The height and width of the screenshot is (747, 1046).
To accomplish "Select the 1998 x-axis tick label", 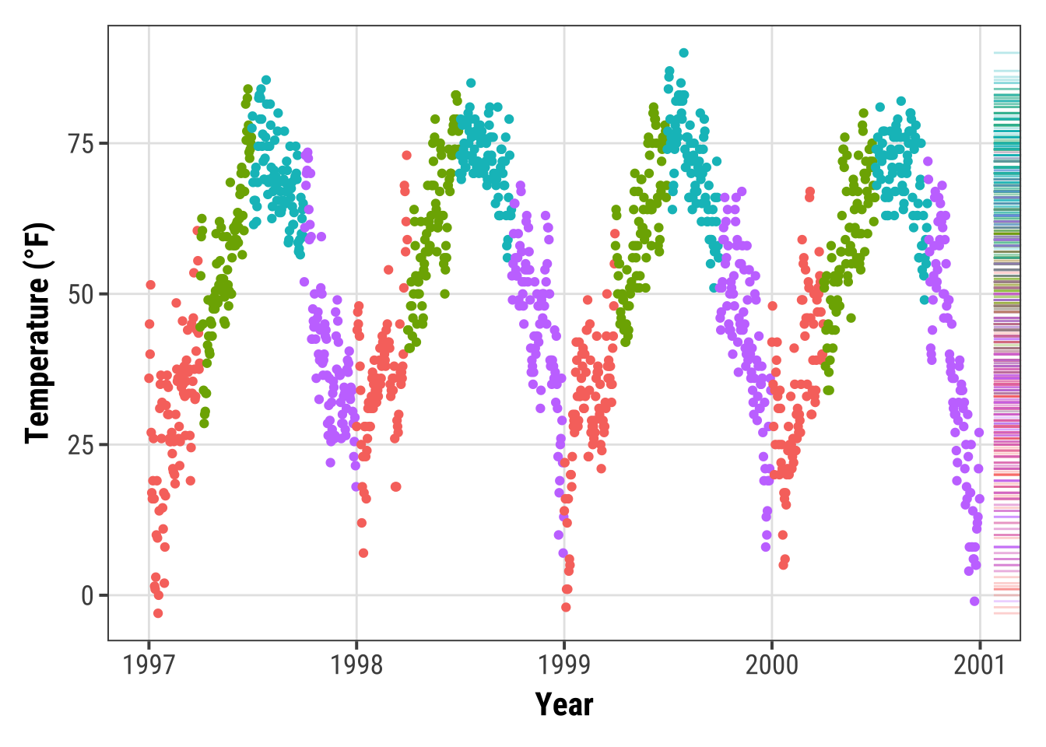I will pyautogui.click(x=356, y=665).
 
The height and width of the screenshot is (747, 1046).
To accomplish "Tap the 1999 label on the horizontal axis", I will pyautogui.click(x=564, y=665).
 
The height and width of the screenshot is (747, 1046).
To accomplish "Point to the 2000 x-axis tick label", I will pyautogui.click(x=772, y=665).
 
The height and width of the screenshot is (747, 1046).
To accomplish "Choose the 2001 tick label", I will pyautogui.click(x=980, y=665).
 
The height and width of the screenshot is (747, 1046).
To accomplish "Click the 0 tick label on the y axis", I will pyautogui.click(x=87, y=596).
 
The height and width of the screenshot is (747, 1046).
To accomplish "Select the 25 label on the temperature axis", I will pyautogui.click(x=81, y=445).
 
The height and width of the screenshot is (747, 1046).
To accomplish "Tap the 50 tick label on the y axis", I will pyautogui.click(x=81, y=295).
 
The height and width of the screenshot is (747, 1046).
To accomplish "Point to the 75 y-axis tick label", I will pyautogui.click(x=81, y=144).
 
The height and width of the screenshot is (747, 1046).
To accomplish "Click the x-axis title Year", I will pyautogui.click(x=564, y=705).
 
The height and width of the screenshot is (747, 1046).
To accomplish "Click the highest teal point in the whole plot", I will pyautogui.click(x=683, y=53).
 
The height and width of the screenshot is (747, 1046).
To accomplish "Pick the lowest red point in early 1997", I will pyautogui.click(x=158, y=613).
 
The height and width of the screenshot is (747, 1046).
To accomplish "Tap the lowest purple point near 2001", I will pyautogui.click(x=974, y=601).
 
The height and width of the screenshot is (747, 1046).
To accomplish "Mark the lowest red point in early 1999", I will pyautogui.click(x=566, y=607).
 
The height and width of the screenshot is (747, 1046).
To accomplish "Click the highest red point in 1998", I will pyautogui.click(x=406, y=156).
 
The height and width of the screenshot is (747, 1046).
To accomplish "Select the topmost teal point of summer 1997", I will pyautogui.click(x=266, y=80).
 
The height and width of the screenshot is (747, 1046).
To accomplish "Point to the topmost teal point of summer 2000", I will pyautogui.click(x=901, y=101).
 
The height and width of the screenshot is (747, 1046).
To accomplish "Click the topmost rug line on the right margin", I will pyautogui.click(x=1006, y=53).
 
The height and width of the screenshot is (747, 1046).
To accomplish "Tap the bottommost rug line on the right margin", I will pyautogui.click(x=1006, y=613).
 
